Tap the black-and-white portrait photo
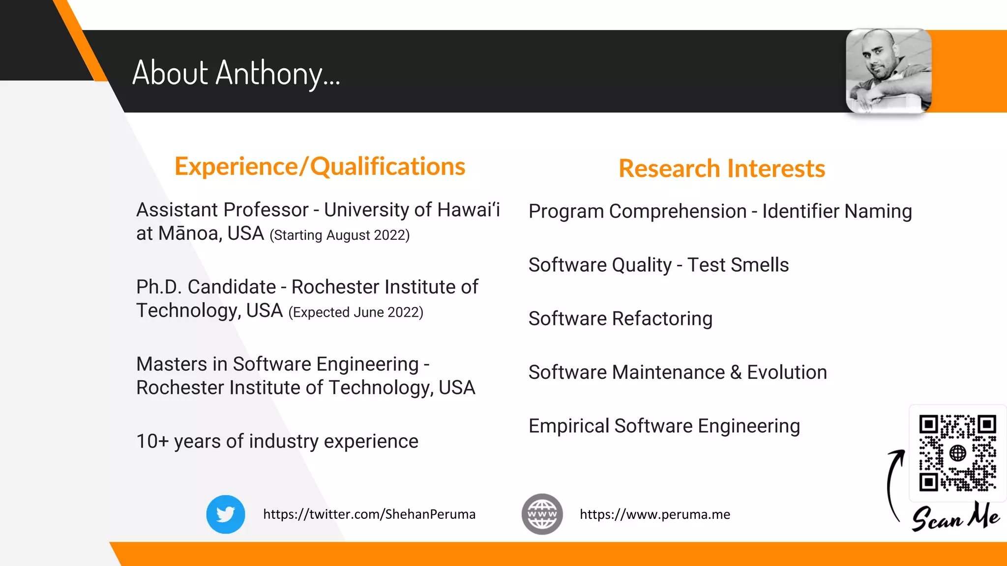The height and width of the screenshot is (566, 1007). pos(889,71)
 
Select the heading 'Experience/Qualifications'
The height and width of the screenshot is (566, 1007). pos(320,166)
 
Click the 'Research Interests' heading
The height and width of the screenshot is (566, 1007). pos(721,169)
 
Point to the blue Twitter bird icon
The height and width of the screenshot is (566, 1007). pos(226,514)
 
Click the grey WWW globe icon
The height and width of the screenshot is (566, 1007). pos(542,514)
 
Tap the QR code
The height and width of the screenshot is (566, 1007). pos(957,453)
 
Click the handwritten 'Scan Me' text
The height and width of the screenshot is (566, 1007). pos(955,517)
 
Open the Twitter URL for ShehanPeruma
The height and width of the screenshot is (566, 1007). pos(369,514)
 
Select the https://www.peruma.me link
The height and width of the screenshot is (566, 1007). pos(654,514)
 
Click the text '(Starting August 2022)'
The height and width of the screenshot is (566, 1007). pos(339,235)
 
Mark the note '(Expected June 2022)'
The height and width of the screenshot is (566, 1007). pos(355,312)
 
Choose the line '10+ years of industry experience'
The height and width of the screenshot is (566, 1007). pos(277,441)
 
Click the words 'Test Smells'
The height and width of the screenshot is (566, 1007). pos(738,265)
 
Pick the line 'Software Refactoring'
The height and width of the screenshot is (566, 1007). pos(620,318)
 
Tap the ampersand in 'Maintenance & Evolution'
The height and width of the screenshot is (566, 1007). pos(736,372)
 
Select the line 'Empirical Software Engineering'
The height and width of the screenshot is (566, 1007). pos(664,426)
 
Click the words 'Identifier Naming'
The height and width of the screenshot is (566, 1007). pos(837,211)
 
